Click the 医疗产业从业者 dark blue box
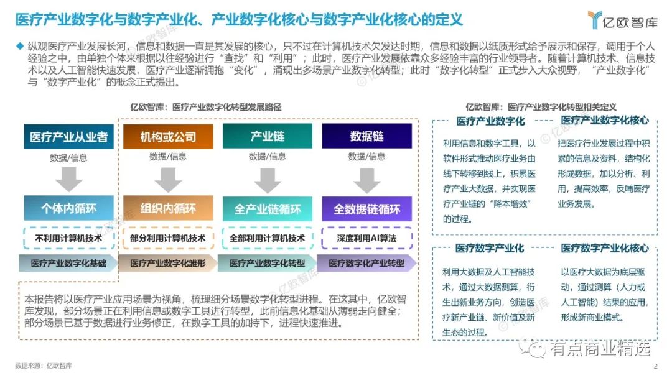point(68,136)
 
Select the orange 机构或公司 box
point(168,136)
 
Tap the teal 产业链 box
point(268,136)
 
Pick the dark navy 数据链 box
point(367,136)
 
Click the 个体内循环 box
point(68,208)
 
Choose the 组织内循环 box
point(168,208)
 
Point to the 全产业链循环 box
point(268,208)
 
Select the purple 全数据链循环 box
point(367,208)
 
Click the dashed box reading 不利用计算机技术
point(68,237)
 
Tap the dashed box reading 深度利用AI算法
point(367,237)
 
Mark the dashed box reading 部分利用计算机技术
point(168,237)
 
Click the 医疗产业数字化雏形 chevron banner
point(168,264)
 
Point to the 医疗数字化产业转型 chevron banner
point(367,264)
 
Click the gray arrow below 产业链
point(268,180)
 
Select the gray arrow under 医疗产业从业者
point(68,180)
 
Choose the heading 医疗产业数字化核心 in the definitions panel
point(604,121)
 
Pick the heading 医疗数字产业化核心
point(604,248)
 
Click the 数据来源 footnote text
point(43,366)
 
